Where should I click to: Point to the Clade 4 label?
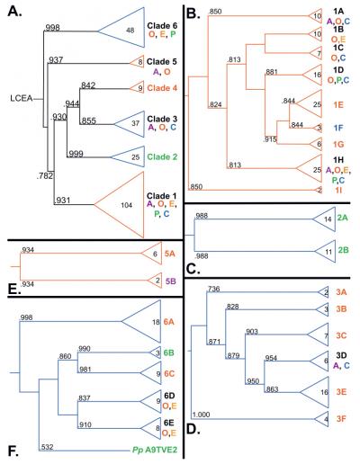[165, 88]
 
